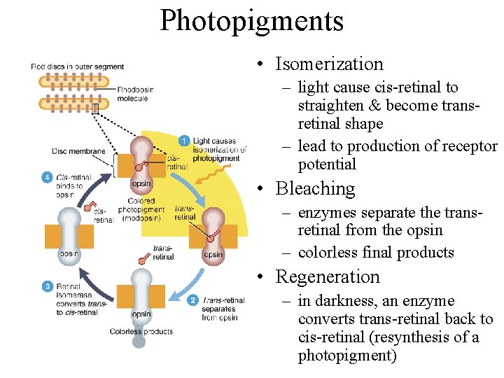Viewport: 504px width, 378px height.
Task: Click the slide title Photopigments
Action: (x=251, y=21)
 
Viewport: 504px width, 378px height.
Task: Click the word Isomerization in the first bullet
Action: (x=329, y=64)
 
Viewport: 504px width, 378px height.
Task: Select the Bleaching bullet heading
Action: (x=315, y=188)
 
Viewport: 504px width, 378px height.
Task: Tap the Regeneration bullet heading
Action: (x=328, y=276)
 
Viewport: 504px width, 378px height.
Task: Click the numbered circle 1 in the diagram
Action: (x=184, y=141)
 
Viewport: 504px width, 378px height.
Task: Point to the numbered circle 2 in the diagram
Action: (x=192, y=300)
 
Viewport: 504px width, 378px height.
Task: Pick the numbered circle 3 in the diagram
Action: (x=48, y=286)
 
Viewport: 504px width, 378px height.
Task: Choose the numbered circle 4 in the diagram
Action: (x=46, y=177)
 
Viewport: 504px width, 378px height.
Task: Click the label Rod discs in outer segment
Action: (x=77, y=66)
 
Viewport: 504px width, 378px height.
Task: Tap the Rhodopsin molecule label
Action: (x=135, y=94)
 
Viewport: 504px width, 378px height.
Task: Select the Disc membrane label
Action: (x=78, y=151)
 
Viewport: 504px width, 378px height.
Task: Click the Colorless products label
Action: (x=141, y=331)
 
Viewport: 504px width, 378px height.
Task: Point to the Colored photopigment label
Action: (x=141, y=209)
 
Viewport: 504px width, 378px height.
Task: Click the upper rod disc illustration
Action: (x=74, y=81)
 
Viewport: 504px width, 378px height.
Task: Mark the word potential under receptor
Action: (x=327, y=164)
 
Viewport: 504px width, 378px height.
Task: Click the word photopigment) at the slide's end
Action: (x=346, y=356)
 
